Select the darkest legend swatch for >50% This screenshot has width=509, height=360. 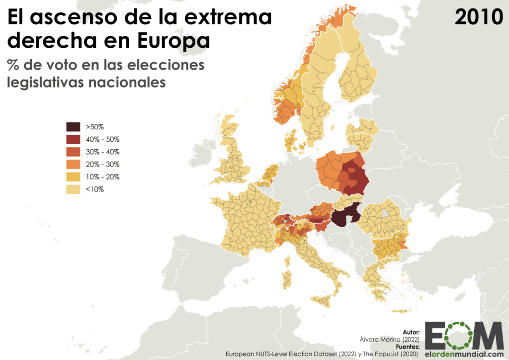point(73,126)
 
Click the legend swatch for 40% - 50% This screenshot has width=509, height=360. point(73,139)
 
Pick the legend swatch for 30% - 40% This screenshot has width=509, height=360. point(73,152)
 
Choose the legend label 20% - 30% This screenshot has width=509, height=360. point(102,164)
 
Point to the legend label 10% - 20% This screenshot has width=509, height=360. point(102,177)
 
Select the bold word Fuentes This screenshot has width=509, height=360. point(408,347)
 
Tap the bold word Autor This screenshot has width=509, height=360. point(412,332)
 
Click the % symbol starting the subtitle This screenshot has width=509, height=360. point(13,65)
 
